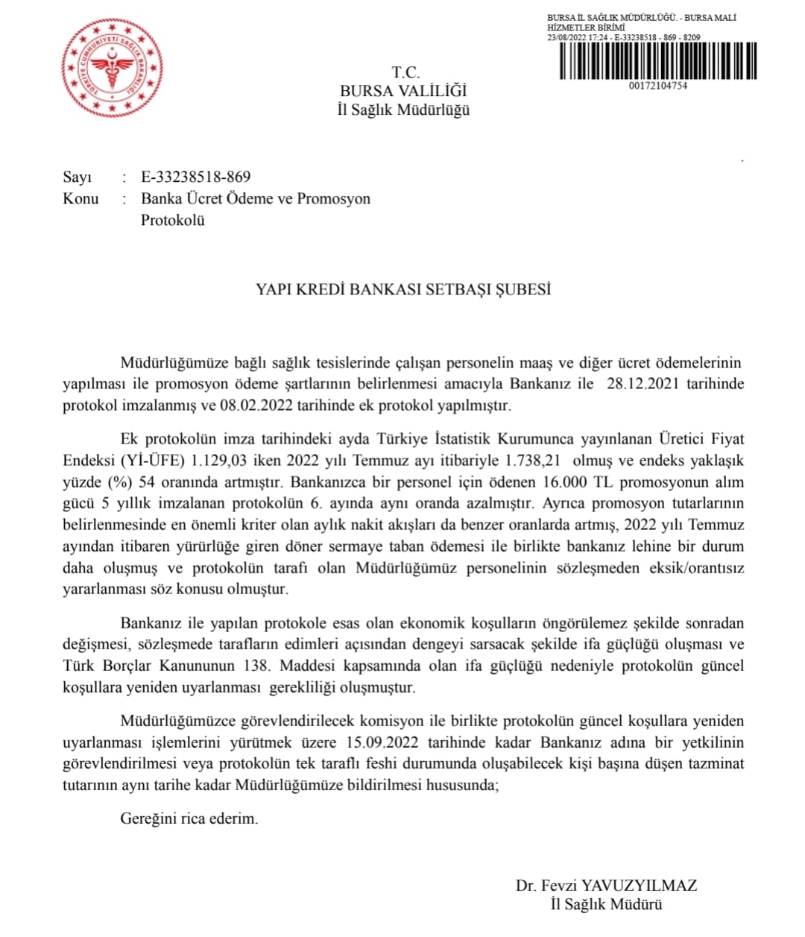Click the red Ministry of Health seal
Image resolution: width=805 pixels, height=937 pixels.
(x=112, y=68)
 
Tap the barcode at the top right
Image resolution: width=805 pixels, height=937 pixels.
(x=657, y=61)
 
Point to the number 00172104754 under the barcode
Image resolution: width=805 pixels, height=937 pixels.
(x=657, y=86)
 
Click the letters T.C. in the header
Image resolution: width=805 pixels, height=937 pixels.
(x=406, y=72)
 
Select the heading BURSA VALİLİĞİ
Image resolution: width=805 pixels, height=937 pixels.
(x=403, y=91)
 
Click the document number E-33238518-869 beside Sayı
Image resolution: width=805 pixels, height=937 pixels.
(x=196, y=177)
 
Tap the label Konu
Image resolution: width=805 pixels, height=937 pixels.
(x=80, y=198)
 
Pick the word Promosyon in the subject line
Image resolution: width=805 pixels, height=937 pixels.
(x=333, y=198)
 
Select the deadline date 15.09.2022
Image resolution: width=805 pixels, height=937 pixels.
(x=383, y=742)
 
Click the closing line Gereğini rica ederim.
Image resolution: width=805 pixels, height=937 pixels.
(x=189, y=818)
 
